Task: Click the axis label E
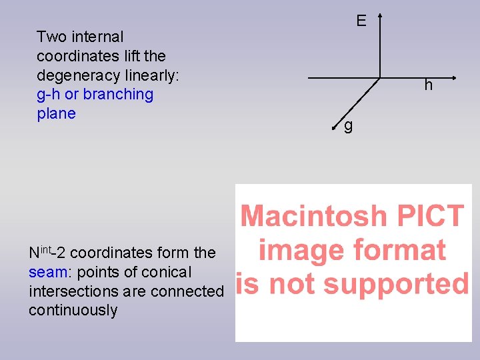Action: coord(361,21)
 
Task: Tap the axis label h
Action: coord(428,85)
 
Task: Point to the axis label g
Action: coord(348,125)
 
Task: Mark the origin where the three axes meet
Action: coord(380,77)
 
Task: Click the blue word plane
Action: coord(56,114)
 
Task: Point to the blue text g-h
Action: coord(49,95)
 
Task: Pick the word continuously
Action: coord(73,311)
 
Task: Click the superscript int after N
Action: coord(45,249)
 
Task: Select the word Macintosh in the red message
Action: coord(313,217)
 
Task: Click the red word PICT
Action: coord(427,217)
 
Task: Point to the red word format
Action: coord(404,251)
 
